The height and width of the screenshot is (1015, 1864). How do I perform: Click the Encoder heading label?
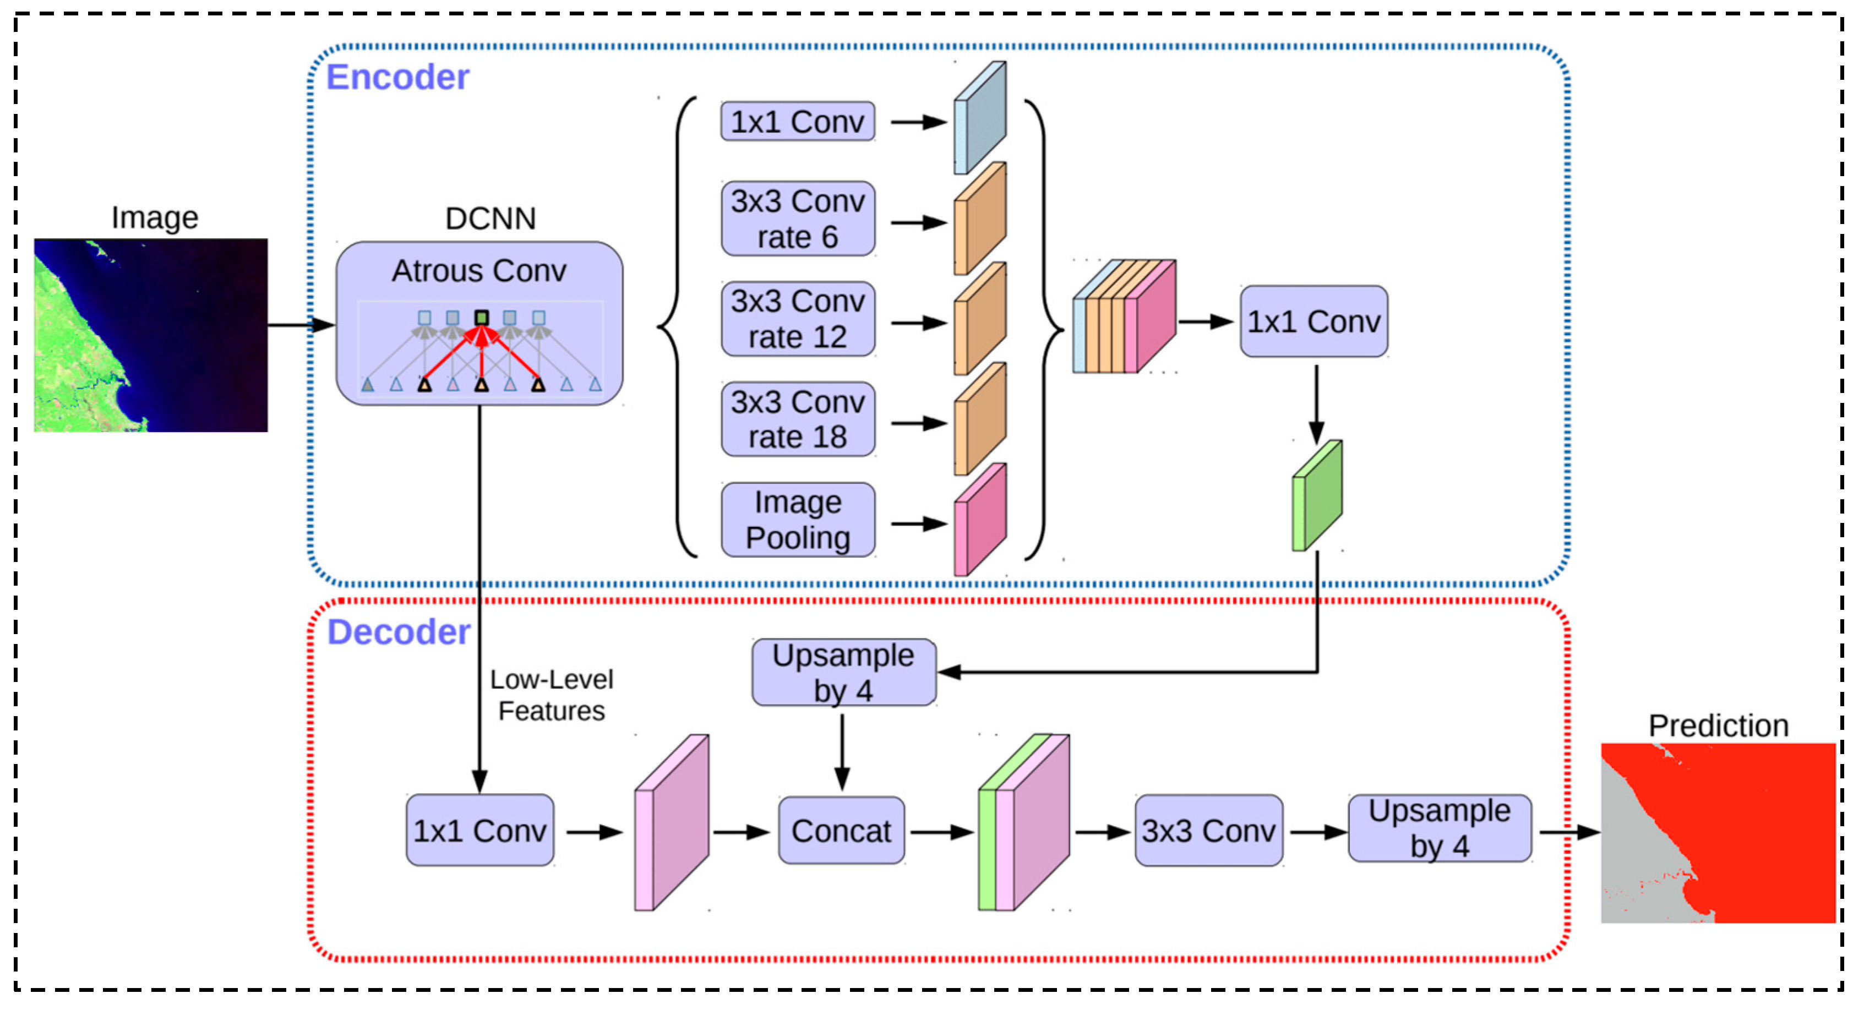coord(397,78)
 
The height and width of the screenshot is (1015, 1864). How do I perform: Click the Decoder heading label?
coord(399,632)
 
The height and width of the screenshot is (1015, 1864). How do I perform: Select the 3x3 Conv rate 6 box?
coord(798,219)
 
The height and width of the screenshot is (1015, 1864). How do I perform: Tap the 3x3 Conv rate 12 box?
coord(798,319)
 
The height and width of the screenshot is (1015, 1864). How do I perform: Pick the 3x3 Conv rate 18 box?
coord(798,419)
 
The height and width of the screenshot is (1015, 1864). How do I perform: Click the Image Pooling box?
coord(798,520)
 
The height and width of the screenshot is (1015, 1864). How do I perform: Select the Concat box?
coord(841,831)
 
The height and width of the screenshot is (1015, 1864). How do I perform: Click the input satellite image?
coord(150,335)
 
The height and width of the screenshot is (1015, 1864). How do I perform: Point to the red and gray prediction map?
coord(1718,833)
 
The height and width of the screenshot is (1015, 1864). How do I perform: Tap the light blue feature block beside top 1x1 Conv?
coord(980,118)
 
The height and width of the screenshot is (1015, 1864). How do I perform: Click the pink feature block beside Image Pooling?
coord(980,520)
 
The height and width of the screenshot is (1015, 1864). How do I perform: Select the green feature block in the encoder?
coord(1317,496)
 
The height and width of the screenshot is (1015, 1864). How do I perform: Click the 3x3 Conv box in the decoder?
coord(1208,831)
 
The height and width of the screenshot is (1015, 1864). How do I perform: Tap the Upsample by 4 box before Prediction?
coord(1439,828)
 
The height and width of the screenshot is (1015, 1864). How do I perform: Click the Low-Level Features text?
coord(552,695)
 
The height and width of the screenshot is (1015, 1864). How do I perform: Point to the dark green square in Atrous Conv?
coord(482,318)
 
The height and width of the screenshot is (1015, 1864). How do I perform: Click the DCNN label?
coord(490,219)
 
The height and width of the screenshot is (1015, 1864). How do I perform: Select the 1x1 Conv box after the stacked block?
coord(1313,321)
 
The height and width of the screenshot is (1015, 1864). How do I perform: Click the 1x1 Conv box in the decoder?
coord(479,831)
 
